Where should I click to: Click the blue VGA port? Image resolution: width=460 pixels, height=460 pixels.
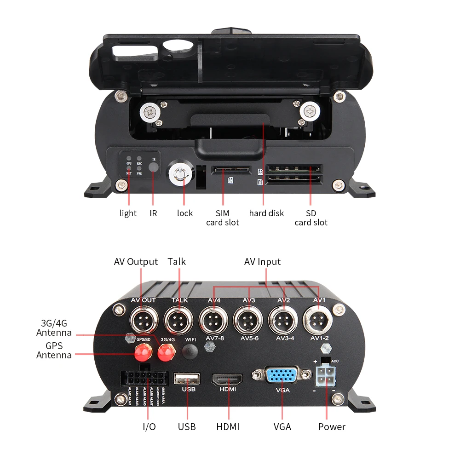[x=282, y=376]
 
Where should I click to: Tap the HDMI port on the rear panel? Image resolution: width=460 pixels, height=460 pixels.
[x=227, y=379]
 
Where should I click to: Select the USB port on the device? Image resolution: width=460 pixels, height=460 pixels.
[x=186, y=379]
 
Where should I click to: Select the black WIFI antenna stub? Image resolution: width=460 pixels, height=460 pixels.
[x=190, y=352]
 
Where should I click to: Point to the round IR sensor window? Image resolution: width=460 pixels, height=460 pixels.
[x=154, y=167]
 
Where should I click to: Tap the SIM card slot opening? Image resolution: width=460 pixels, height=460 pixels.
[x=231, y=171]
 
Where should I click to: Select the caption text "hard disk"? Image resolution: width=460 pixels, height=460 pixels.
[x=266, y=213]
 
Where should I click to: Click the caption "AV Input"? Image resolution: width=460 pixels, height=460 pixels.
[x=262, y=262]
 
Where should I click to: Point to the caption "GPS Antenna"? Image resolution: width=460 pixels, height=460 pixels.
[x=54, y=351]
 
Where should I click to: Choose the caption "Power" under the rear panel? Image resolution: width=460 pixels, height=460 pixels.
[x=332, y=427]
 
